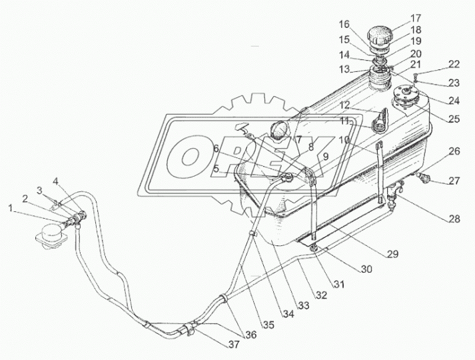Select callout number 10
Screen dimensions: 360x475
point(344,141)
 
